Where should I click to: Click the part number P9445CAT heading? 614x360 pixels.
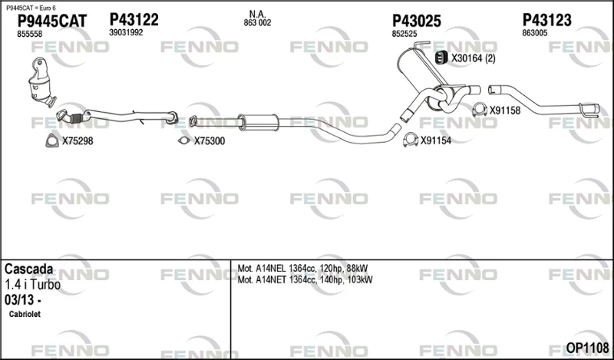pos(52,21)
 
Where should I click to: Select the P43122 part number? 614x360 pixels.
pos(134,20)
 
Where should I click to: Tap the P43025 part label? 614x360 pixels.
pos(417,21)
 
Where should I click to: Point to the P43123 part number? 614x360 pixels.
pos(547,20)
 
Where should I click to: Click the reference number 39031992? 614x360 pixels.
pos(126,33)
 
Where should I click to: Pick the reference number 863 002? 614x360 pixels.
pos(257,23)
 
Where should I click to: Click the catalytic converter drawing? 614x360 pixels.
pos(41,82)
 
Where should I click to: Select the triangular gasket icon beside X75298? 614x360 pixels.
pos(52,140)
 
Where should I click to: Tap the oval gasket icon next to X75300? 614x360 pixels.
pos(183,140)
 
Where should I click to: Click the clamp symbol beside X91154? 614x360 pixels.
pos(411,140)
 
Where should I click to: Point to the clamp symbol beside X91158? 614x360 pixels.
pos(480,110)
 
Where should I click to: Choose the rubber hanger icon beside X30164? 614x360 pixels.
pos(441,58)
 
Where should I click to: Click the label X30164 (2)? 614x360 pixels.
pos(474,58)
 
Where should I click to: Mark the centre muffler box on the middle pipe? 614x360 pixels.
pos(259,122)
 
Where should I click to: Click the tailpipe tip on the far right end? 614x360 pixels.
pos(589,110)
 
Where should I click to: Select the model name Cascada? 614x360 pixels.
pos(28,269)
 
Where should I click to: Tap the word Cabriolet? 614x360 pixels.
pos(25,314)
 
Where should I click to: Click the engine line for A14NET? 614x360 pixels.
pos(305,279)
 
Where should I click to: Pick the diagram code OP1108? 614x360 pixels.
pos(587,348)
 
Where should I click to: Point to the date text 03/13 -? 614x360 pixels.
pos(23,300)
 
